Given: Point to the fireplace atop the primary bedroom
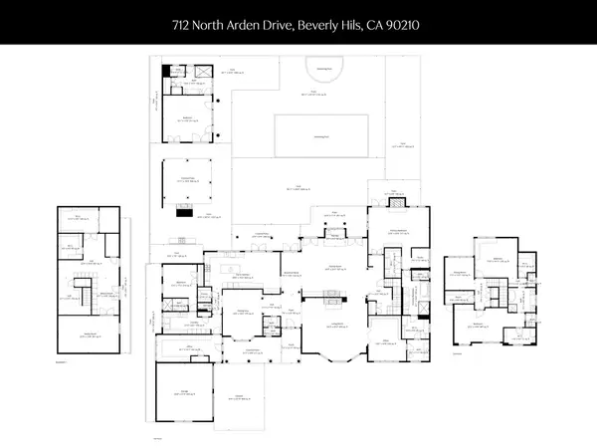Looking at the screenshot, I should pos(397,202).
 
